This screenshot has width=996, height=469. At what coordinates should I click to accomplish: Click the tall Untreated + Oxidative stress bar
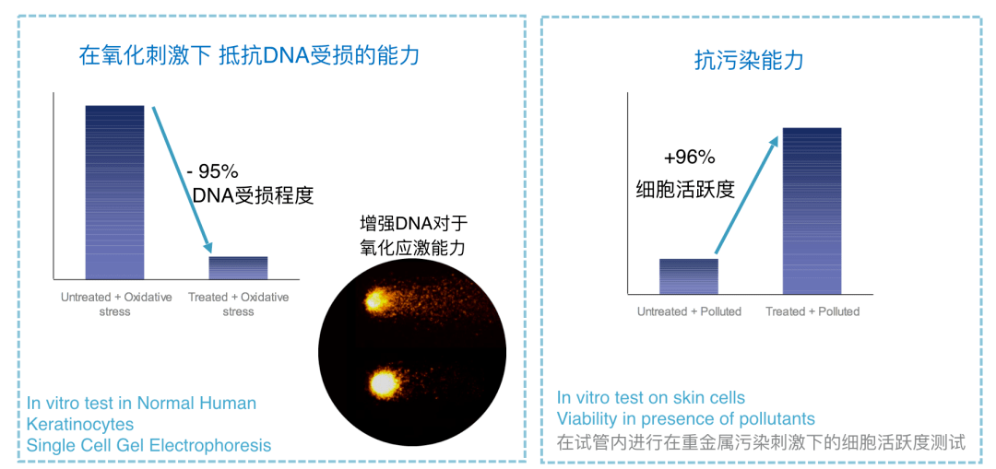click(114, 193)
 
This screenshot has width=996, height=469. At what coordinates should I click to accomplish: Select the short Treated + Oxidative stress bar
click(238, 268)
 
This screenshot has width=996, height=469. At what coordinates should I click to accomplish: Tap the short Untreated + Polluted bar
click(689, 276)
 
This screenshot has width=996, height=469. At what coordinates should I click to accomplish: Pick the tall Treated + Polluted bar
click(812, 211)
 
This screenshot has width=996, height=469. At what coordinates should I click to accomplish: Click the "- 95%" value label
click(211, 171)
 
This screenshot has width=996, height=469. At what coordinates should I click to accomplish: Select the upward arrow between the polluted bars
click(745, 194)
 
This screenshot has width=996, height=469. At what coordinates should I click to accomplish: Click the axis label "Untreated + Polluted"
click(689, 311)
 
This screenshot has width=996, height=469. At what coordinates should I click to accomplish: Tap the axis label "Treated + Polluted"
click(812, 311)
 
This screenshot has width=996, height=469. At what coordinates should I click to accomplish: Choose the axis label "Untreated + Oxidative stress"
click(115, 304)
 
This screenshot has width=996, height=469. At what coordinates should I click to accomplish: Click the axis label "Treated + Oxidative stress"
click(238, 304)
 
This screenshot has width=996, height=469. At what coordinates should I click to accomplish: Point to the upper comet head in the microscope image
click(374, 298)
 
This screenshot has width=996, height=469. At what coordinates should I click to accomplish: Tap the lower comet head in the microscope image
click(383, 382)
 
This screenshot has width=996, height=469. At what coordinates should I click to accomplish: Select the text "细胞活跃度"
click(684, 189)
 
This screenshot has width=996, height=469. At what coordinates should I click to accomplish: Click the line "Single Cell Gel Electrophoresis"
click(148, 445)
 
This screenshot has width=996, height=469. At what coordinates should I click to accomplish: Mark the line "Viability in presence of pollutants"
click(685, 419)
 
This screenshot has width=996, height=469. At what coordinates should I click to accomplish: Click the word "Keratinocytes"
click(80, 423)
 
